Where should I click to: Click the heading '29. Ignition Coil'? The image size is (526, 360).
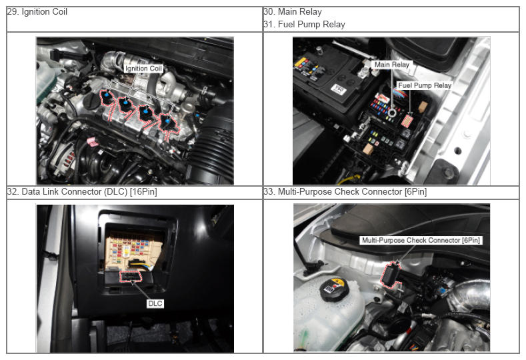pyautogui.click(x=37, y=12)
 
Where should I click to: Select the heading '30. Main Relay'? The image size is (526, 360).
pyautogui.click(x=293, y=12)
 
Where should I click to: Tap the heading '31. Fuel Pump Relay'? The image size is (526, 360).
pyautogui.click(x=304, y=25)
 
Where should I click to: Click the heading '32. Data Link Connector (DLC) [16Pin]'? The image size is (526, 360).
pyautogui.click(x=82, y=191)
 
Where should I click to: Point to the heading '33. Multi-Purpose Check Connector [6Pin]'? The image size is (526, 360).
pyautogui.click(x=345, y=191)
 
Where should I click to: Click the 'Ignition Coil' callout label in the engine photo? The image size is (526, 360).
pyautogui.click(x=143, y=69)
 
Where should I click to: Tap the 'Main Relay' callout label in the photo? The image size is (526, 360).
pyautogui.click(x=392, y=65)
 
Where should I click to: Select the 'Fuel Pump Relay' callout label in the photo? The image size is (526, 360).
pyautogui.click(x=425, y=85)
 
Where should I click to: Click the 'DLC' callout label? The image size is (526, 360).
pyautogui.click(x=155, y=303)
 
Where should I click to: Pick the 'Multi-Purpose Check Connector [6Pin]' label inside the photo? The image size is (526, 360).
pyautogui.click(x=421, y=240)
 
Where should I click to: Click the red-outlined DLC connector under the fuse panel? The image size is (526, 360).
pyautogui.click(x=131, y=277)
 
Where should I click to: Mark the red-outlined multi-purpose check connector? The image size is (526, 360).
pyautogui.click(x=390, y=275)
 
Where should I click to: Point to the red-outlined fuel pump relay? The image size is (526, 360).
pyautogui.click(x=407, y=121)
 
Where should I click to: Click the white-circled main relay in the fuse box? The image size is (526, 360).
pyautogui.click(x=392, y=113)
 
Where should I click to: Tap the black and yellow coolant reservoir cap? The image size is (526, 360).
pyautogui.click(x=335, y=289)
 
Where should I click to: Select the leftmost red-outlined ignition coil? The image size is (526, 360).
pyautogui.click(x=107, y=97)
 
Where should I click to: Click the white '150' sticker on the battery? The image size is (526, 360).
pyautogui.click(x=338, y=89)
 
